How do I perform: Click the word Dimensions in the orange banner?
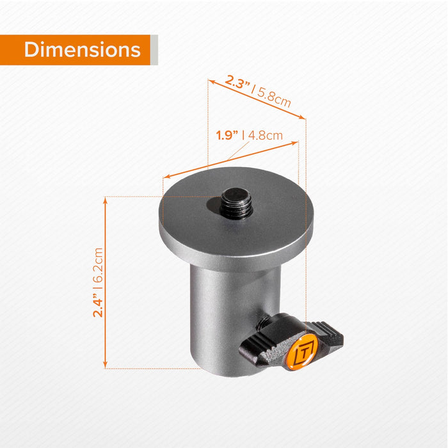point(82,50)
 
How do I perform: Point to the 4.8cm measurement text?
point(265,135)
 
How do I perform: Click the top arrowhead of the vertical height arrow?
point(104,200)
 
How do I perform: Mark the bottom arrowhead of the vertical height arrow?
point(104,365)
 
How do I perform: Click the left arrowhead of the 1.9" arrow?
point(166,176)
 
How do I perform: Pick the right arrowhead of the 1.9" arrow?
point(296,143)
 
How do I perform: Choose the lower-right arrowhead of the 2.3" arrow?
point(303,117)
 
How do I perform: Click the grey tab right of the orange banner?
point(154,50)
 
